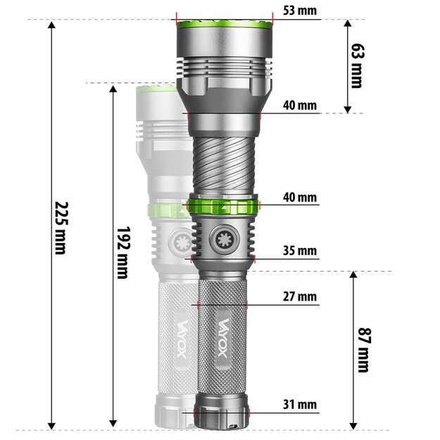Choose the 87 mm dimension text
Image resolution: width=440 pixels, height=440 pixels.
[x=363, y=349]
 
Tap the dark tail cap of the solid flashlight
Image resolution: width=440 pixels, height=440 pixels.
[x=223, y=416]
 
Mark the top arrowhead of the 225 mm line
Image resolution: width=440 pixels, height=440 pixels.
[x=51, y=25]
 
